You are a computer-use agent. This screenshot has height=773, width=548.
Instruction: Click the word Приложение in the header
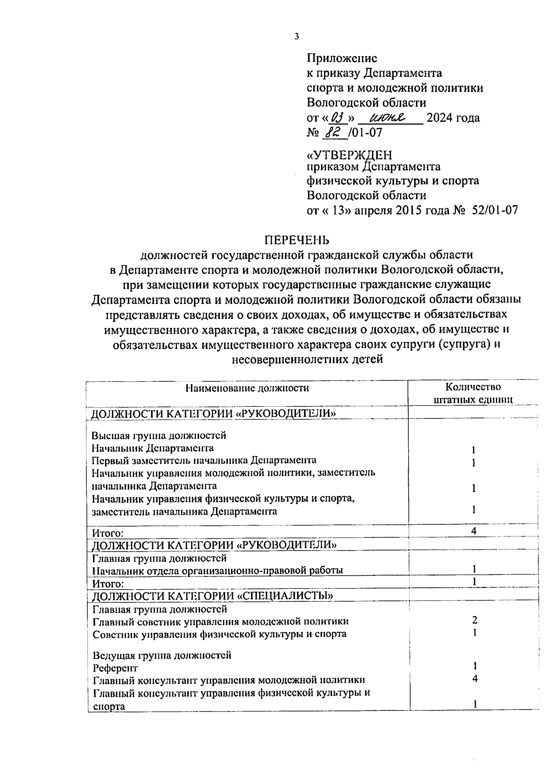tap(342, 58)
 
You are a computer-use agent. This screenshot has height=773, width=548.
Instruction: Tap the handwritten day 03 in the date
tap(338, 118)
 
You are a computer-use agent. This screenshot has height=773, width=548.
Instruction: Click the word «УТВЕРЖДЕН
tap(349, 156)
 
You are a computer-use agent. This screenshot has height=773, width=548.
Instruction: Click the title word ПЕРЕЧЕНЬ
tap(297, 240)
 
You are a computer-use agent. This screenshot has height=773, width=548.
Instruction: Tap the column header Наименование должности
tap(247, 388)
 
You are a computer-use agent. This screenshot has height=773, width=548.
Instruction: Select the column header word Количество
tap(473, 387)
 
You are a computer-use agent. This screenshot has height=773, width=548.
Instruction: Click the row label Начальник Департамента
tap(153, 448)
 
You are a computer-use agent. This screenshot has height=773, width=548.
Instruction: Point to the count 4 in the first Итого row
tap(474, 530)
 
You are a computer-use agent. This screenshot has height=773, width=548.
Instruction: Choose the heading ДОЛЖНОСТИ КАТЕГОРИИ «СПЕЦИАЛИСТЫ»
tap(212, 596)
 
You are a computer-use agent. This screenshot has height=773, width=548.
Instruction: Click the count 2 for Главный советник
tap(475, 620)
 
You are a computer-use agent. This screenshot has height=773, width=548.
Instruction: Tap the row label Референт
tap(115, 668)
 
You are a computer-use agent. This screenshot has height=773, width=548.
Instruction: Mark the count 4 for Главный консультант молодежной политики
tap(475, 679)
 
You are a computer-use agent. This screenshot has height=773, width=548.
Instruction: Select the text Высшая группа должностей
tap(159, 436)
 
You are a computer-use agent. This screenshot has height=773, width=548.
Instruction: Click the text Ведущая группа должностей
tap(162, 655)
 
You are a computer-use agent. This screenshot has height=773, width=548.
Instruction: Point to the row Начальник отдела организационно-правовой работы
tap(217, 571)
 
